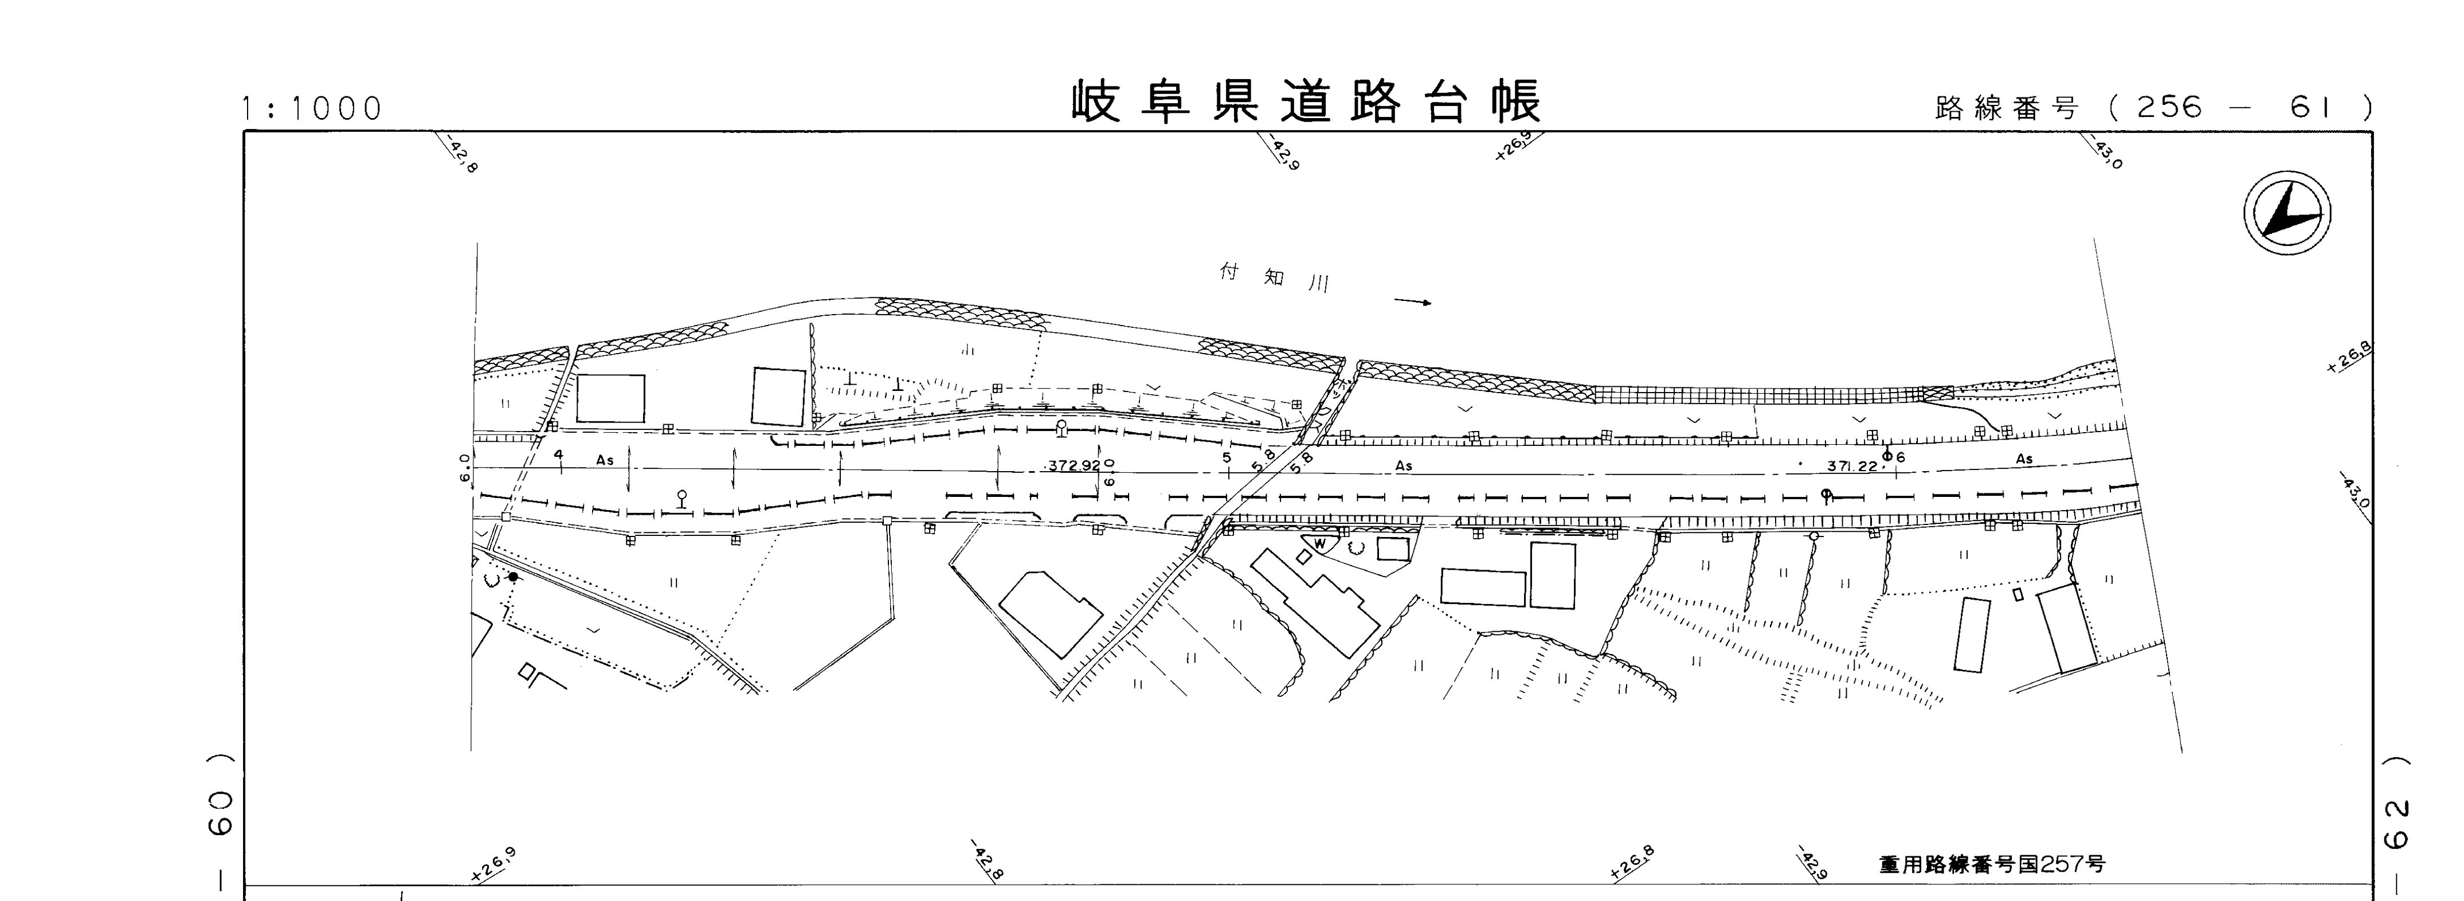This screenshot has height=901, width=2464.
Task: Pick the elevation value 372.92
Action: [1074, 466]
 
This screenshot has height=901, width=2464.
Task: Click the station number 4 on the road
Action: [559, 455]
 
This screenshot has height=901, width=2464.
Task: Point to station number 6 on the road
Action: [1899, 457]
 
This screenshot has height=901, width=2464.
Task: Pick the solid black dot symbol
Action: [514, 577]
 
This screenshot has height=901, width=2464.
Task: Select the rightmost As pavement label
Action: [2024, 459]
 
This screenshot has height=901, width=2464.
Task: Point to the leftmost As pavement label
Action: [605, 460]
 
